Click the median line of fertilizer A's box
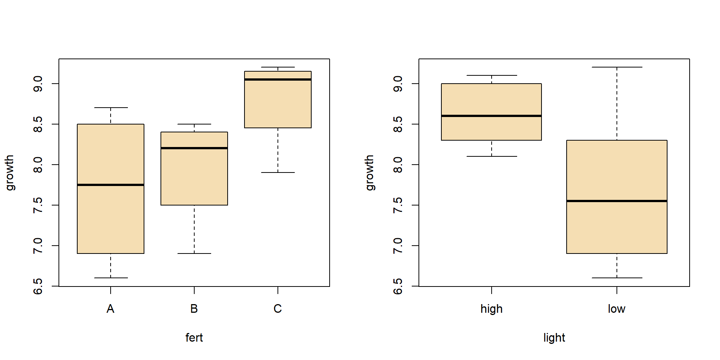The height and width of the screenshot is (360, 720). (111, 185)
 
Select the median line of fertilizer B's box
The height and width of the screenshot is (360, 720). (194, 148)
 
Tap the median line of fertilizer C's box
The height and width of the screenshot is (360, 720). (278, 79)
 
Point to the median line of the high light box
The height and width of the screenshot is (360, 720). (491, 116)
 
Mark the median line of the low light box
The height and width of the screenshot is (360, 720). (616, 201)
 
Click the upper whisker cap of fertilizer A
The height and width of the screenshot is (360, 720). (111, 108)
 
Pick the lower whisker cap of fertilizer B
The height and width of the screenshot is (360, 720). (194, 253)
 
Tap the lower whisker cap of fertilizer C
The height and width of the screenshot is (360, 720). (278, 172)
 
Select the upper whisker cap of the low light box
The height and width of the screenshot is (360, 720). (616, 67)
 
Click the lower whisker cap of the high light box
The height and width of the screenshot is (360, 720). (491, 156)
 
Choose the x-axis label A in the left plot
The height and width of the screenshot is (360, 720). (110, 309)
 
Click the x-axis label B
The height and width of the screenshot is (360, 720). (194, 309)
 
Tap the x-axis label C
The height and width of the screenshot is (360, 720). (277, 309)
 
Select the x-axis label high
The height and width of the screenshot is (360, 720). (491, 309)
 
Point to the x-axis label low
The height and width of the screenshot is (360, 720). (616, 309)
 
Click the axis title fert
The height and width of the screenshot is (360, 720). (194, 337)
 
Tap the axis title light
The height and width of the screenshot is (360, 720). (554, 337)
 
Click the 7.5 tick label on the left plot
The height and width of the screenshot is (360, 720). (38, 205)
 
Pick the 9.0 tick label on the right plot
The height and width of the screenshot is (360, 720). (398, 83)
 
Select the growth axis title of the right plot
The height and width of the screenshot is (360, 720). (369, 172)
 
